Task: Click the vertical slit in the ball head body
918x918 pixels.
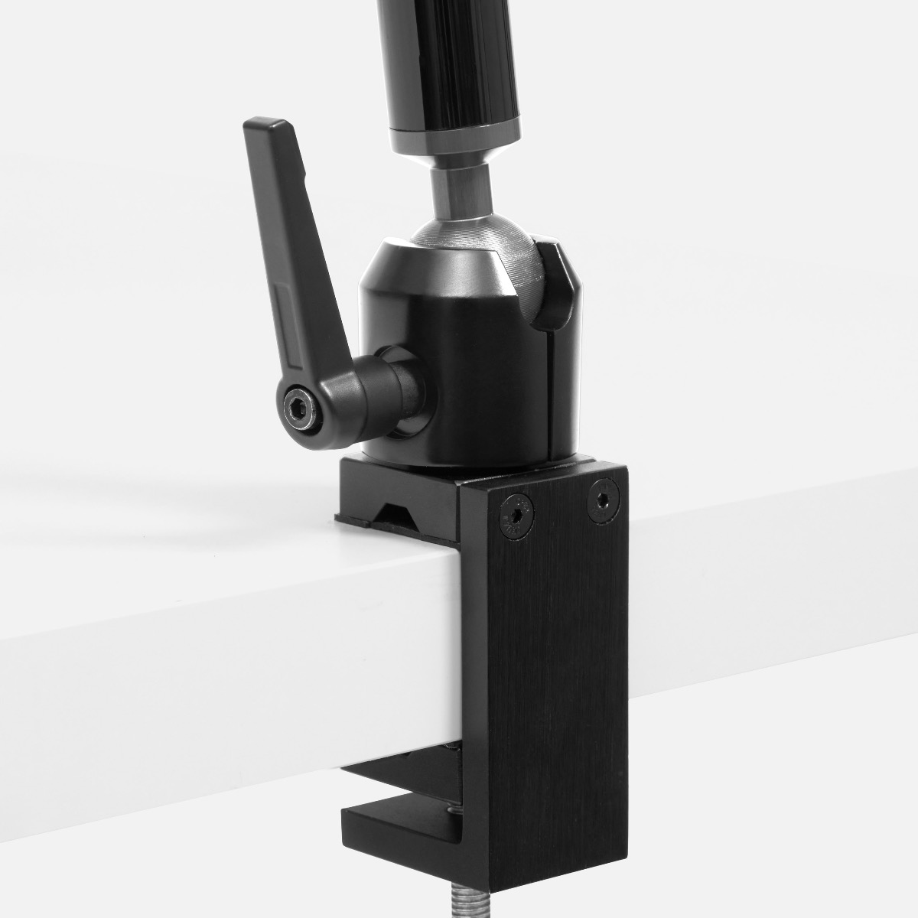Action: point(548,398)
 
